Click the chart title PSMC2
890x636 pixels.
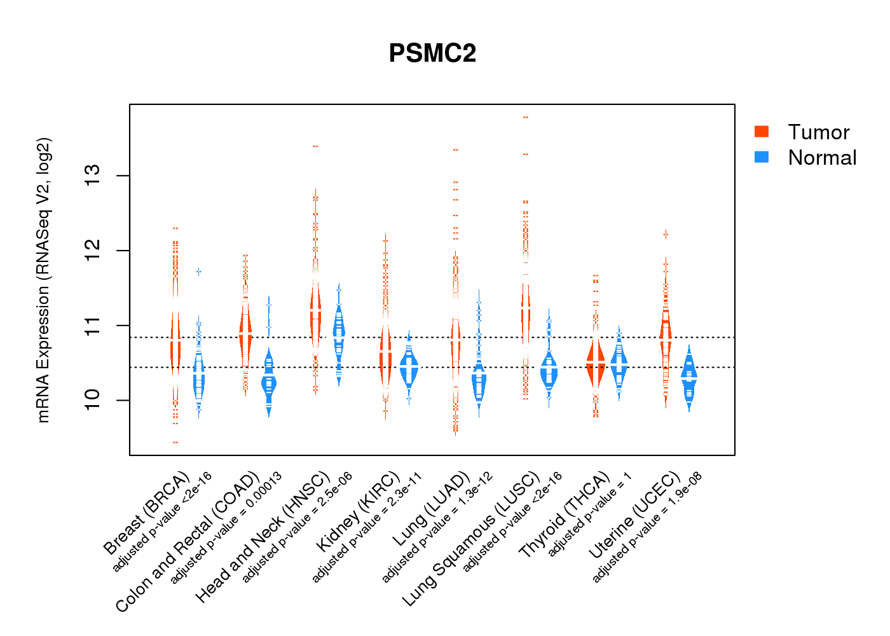tap(432, 53)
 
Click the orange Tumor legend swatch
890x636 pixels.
tap(762, 132)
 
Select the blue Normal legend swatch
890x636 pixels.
tap(762, 157)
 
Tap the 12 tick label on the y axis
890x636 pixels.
tap(93, 251)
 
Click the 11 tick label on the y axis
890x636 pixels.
tap(93, 326)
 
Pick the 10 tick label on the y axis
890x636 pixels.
tap(93, 400)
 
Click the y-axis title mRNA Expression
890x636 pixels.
tap(43, 280)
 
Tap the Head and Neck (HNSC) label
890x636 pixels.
tap(263, 537)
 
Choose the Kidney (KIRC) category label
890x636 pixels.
tap(359, 511)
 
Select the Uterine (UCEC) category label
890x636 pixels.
tap(634, 516)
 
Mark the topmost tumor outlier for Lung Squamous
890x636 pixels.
tap(526, 118)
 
